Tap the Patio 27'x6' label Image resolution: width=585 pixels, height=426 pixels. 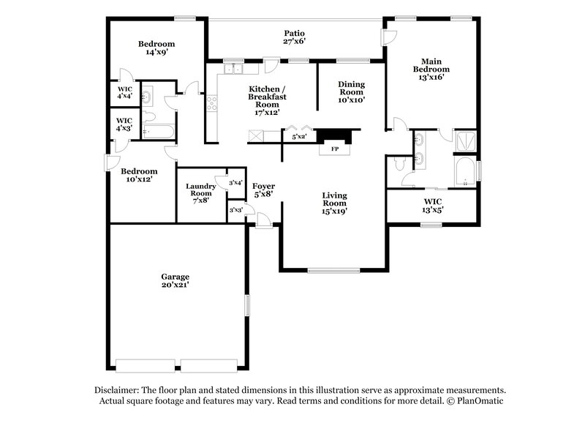click(x=294, y=37)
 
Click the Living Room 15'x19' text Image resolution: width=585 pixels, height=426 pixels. click(x=335, y=203)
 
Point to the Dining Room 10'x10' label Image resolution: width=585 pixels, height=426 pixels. click(x=351, y=91)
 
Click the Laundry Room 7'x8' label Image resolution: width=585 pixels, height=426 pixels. click(x=200, y=193)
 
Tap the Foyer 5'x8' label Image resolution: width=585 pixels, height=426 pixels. click(x=263, y=190)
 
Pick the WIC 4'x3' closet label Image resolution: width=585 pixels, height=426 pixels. click(x=124, y=124)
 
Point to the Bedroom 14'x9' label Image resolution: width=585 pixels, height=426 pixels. click(x=156, y=48)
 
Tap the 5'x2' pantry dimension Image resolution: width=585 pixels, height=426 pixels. click(x=298, y=136)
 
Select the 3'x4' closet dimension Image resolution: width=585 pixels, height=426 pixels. click(x=235, y=182)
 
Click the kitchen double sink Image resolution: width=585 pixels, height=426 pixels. click(x=235, y=70)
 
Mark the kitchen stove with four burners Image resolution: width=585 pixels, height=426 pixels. click(x=212, y=104)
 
